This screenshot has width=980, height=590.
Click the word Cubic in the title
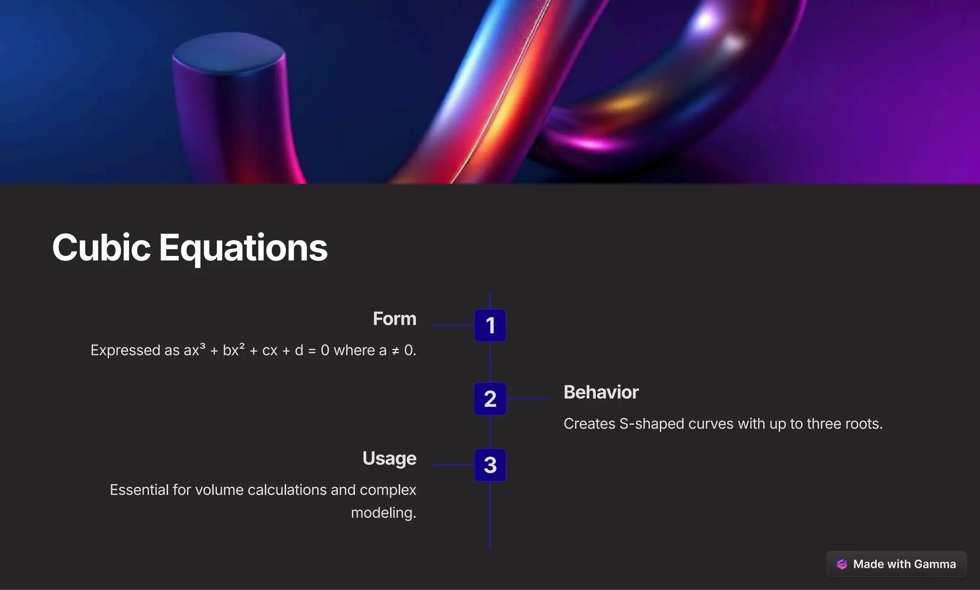pyautogui.click(x=101, y=248)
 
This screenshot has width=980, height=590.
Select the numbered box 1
pyautogui.click(x=490, y=325)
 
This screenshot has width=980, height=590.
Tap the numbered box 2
pyautogui.click(x=490, y=399)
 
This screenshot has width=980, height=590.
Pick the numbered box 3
pyautogui.click(x=490, y=465)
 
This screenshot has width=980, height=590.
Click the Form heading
pyautogui.click(x=394, y=319)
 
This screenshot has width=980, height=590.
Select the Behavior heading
pyautogui.click(x=601, y=392)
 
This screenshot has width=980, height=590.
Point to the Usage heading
pyautogui.click(x=389, y=458)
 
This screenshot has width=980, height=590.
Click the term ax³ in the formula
pyautogui.click(x=194, y=350)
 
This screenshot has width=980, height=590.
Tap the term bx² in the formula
pyautogui.click(x=234, y=350)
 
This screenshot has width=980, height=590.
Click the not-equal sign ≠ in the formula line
pyautogui.click(x=395, y=351)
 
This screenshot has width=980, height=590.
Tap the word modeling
pyautogui.click(x=383, y=512)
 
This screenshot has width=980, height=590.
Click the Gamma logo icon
pyautogui.click(x=842, y=564)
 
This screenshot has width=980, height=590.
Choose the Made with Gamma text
pyautogui.click(x=904, y=564)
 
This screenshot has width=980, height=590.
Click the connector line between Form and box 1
pyautogui.click(x=453, y=325)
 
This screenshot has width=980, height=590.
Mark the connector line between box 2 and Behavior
pyautogui.click(x=528, y=398)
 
